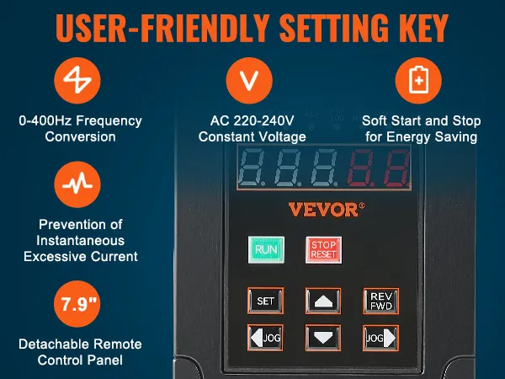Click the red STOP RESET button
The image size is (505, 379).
tap(323, 250)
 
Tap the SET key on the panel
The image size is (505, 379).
tap(265, 301)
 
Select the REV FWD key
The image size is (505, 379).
tap(381, 301)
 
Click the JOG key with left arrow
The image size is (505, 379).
tap(265, 338)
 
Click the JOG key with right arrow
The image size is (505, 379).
tap(381, 338)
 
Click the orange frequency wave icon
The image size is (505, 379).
tap(77, 80)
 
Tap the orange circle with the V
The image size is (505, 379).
tap(249, 80)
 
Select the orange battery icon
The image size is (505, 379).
tap(418, 80)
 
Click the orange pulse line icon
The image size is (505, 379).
tap(77, 184)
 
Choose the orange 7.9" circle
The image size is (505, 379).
tap(77, 303)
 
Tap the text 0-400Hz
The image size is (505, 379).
tap(42, 120)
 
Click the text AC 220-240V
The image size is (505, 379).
tap(252, 120)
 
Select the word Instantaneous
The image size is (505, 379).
tap(80, 240)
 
